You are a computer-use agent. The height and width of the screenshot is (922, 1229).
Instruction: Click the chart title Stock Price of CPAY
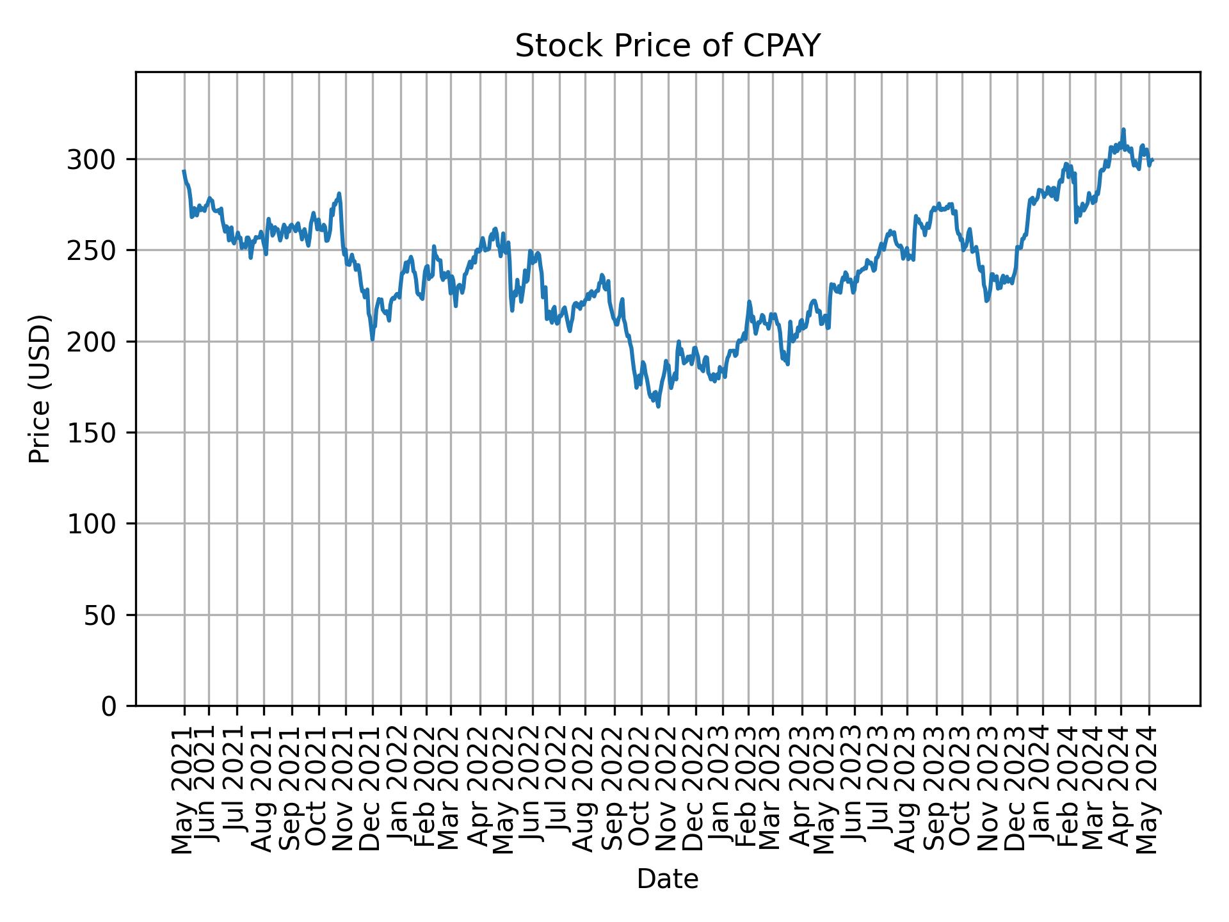coord(667,46)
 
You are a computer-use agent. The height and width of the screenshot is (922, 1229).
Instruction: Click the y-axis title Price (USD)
coord(40,389)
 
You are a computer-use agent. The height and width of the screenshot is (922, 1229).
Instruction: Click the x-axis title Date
coord(667,879)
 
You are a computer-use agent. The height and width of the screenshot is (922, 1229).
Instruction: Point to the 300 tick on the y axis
coord(97,159)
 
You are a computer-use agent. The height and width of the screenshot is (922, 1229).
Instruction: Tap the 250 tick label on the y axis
coord(97,250)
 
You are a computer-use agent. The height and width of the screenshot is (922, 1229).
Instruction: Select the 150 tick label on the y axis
coord(97,433)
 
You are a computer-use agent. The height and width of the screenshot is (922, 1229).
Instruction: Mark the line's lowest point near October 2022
coord(658,407)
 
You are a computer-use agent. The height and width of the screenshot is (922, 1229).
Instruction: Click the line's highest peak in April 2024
coord(1123,129)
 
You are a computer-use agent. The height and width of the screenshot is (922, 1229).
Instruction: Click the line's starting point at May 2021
coord(184,171)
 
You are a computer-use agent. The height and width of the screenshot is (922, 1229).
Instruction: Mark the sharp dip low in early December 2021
coord(373,339)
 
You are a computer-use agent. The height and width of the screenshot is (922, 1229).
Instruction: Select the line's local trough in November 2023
coord(986,301)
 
